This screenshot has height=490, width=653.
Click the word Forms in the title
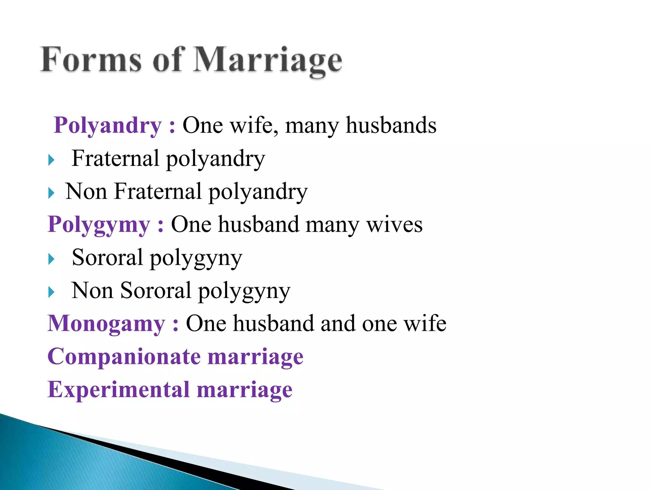pos(91,60)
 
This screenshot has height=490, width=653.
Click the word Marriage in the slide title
pos(268,61)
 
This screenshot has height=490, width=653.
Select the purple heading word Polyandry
pos(108,125)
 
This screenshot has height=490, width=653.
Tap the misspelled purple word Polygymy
pos(99,225)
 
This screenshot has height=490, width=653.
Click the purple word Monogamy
pos(106,324)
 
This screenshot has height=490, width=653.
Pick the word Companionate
pos(124,357)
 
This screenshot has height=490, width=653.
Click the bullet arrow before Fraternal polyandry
pos(51,160)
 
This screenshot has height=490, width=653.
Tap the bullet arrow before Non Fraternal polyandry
pos(51,193)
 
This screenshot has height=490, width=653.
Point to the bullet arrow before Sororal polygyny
pos(51,259)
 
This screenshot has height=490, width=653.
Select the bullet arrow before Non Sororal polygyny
pos(51,292)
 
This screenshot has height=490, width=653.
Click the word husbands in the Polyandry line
pos(391,125)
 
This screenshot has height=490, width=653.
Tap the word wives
pos(394,225)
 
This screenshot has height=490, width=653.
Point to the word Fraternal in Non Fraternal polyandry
pos(158,191)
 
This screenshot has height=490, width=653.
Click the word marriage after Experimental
pos(244,390)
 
